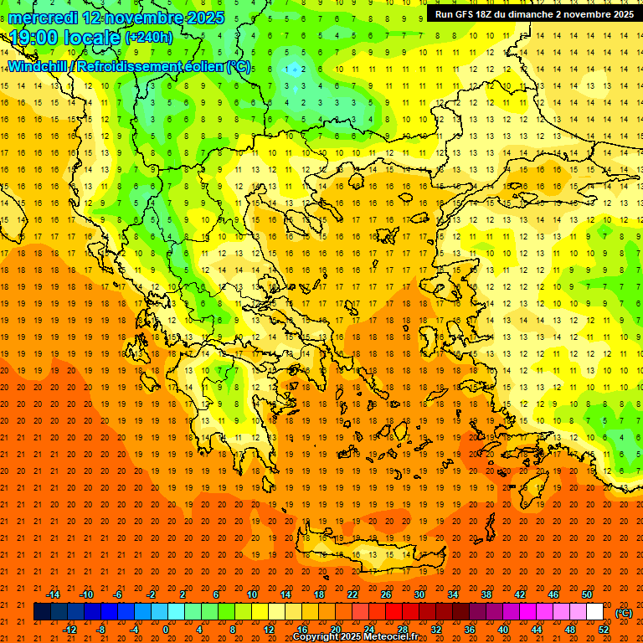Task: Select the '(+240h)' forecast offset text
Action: pyautogui.click(x=148, y=38)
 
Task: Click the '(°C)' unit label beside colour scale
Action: pyautogui.click(x=624, y=613)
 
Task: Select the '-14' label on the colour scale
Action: pyautogui.click(x=53, y=594)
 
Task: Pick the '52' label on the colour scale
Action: pyautogui.click(x=604, y=630)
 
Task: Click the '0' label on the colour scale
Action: pyautogui.click(x=167, y=630)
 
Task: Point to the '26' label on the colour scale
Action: pyautogui.click(x=386, y=594)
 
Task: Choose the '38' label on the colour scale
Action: pyautogui.click(x=486, y=594)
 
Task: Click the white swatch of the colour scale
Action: pyautogui.click(x=595, y=612)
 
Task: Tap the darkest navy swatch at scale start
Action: pyautogui.click(x=42, y=612)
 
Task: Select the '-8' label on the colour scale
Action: pyautogui.click(x=102, y=630)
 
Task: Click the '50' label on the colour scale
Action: pyautogui.click(x=587, y=594)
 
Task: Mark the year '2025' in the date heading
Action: pyautogui.click(x=203, y=18)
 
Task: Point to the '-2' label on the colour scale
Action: pyautogui.click(x=152, y=594)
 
